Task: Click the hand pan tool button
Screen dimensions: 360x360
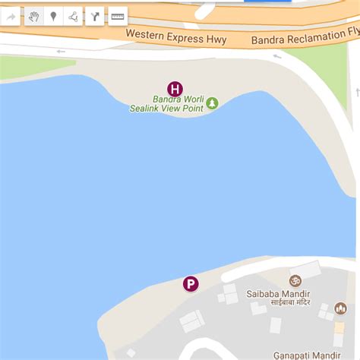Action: [33, 17]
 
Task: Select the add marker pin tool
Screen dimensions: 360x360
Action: [53, 17]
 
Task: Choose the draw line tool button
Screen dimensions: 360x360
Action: [73, 17]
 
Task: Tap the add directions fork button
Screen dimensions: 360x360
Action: [95, 17]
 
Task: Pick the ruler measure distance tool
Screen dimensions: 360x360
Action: [118, 17]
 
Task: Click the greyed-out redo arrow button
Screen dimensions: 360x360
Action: [12, 17]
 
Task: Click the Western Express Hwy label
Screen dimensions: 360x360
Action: [175, 35]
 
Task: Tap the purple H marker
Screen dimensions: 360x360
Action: [175, 89]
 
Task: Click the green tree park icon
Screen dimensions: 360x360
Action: [213, 103]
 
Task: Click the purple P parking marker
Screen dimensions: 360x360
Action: [191, 284]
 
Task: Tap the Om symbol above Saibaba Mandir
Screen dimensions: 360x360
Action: [295, 280]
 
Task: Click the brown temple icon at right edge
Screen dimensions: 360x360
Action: [339, 309]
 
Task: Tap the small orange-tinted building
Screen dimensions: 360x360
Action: [339, 329]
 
